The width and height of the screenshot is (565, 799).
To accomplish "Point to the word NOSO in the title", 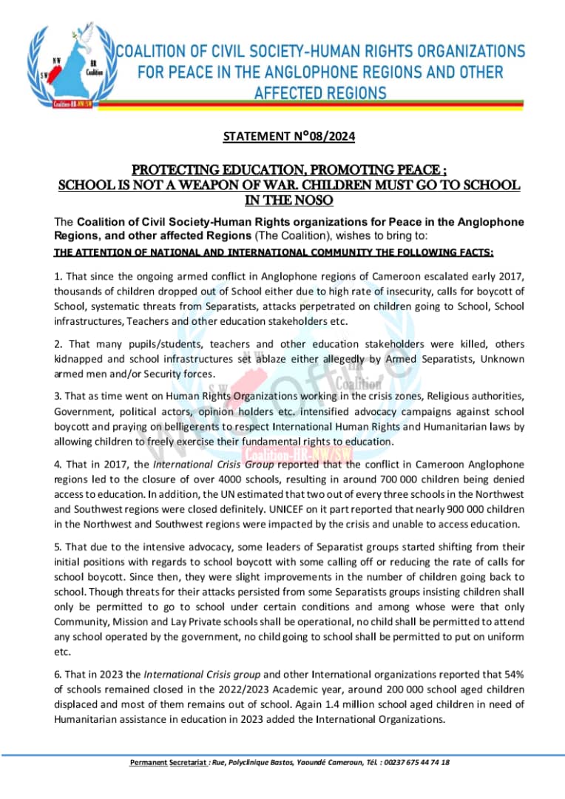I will click(x=316, y=200).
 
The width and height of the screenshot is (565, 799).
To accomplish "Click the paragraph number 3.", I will click(x=57, y=396).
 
